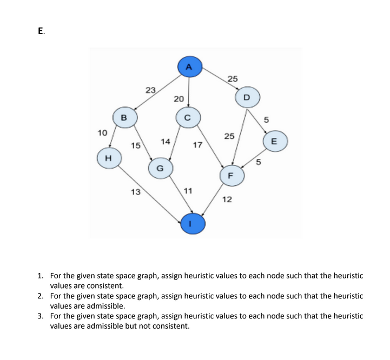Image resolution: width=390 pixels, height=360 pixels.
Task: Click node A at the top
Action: pos(188,67)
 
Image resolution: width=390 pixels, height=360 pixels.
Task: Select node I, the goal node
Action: pos(194,222)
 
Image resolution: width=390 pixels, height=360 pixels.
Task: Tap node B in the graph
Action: pos(124,117)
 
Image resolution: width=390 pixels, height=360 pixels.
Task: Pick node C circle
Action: pos(188,117)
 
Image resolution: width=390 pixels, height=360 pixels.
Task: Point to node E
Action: pos(274,142)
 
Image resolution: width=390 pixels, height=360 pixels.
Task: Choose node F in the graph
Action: pos(231,175)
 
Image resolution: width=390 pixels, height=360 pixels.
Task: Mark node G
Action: pos(160,168)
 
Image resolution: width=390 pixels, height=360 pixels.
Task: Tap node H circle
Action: pos(108,158)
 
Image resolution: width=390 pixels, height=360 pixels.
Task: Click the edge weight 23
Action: pos(151,90)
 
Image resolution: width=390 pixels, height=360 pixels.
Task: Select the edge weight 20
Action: pos(179,99)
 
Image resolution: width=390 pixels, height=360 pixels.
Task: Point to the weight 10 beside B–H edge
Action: pos(102,132)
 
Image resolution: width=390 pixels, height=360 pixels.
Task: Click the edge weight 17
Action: pos(197,145)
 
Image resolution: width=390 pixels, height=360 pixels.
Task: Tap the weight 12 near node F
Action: pos(227,199)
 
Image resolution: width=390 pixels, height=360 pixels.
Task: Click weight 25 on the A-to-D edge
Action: pos(233,79)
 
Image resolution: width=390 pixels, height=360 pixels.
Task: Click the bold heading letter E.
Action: pos(41,31)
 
